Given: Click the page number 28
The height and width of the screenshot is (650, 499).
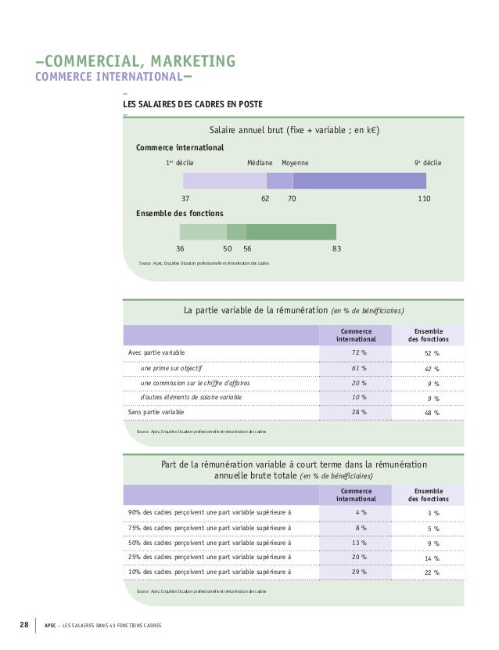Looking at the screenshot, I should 23,624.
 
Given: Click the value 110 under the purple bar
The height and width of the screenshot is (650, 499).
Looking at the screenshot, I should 424,200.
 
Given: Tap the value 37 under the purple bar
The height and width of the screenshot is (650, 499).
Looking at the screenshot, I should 186,200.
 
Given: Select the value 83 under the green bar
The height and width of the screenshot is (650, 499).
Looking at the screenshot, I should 336,248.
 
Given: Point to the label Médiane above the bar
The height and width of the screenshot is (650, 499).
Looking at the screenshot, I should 260,163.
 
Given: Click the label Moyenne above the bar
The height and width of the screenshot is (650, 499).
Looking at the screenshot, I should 294,163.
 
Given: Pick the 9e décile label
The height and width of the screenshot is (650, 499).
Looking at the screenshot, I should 428,163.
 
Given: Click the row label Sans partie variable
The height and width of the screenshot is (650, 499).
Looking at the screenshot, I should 156,412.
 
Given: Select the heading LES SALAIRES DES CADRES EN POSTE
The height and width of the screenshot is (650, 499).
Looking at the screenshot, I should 192,105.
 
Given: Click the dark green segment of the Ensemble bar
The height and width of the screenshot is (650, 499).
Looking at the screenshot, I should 291,232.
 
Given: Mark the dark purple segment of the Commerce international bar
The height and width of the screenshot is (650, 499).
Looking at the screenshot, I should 359,181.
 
